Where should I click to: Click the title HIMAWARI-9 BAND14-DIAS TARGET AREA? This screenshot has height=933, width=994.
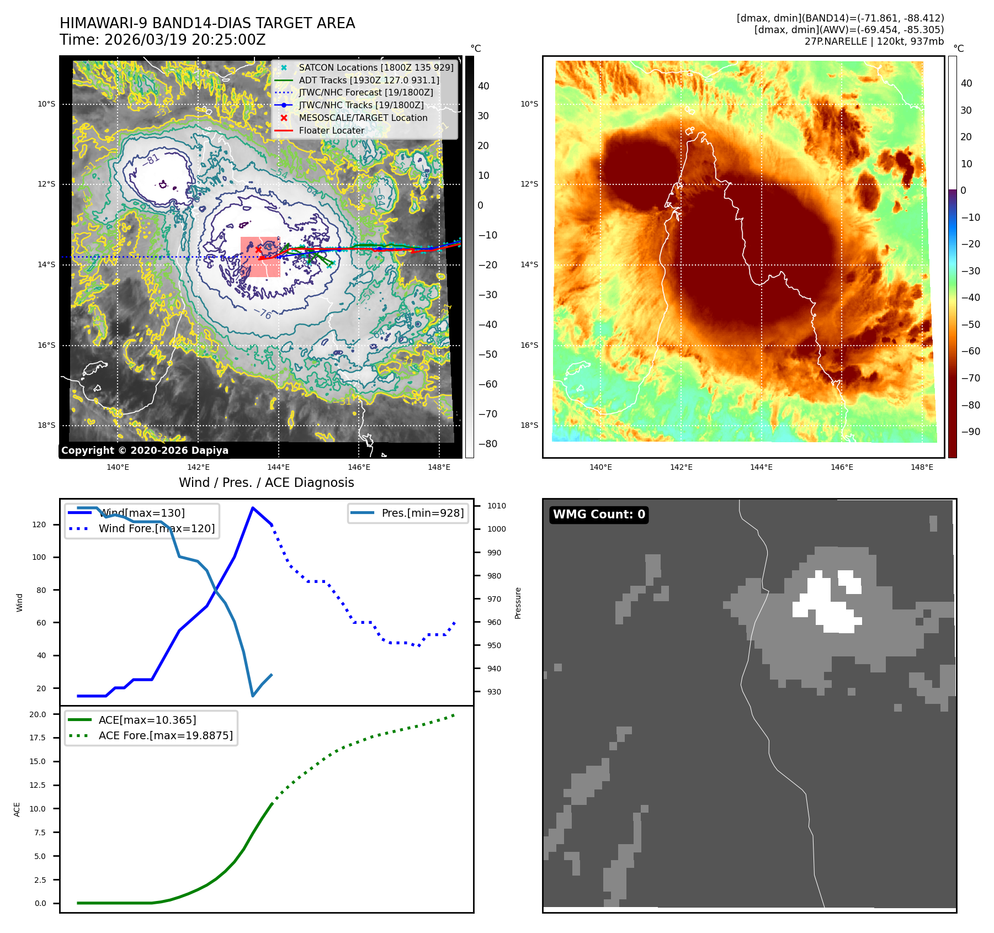pos(207,23)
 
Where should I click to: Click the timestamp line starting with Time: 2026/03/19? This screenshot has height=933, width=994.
pos(163,40)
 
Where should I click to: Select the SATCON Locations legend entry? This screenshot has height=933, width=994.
pos(375,67)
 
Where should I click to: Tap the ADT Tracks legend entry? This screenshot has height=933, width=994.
pos(369,80)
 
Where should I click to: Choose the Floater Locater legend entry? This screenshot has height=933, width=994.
pos(331,130)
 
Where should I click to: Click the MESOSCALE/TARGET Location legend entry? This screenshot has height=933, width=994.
pos(363,118)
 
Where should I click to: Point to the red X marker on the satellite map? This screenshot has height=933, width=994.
pos(258,250)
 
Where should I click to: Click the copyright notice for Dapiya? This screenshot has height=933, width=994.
pos(145,450)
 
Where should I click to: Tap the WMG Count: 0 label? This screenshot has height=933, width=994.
pos(599,515)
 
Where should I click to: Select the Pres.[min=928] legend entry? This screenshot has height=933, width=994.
pos(422,513)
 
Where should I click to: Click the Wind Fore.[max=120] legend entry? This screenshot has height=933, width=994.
pos(156,528)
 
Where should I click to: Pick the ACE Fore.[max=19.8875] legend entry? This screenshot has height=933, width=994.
pos(165,735)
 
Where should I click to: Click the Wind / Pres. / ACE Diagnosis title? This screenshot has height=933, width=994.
pos(266,483)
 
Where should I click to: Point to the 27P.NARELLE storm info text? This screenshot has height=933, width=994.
pos(874,41)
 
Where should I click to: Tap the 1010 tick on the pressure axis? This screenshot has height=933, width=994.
pos(496,506)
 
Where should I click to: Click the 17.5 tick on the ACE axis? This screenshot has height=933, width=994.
pos(38,738)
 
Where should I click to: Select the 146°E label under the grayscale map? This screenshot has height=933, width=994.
pos(359,467)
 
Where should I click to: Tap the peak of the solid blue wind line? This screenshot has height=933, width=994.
pos(253,508)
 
